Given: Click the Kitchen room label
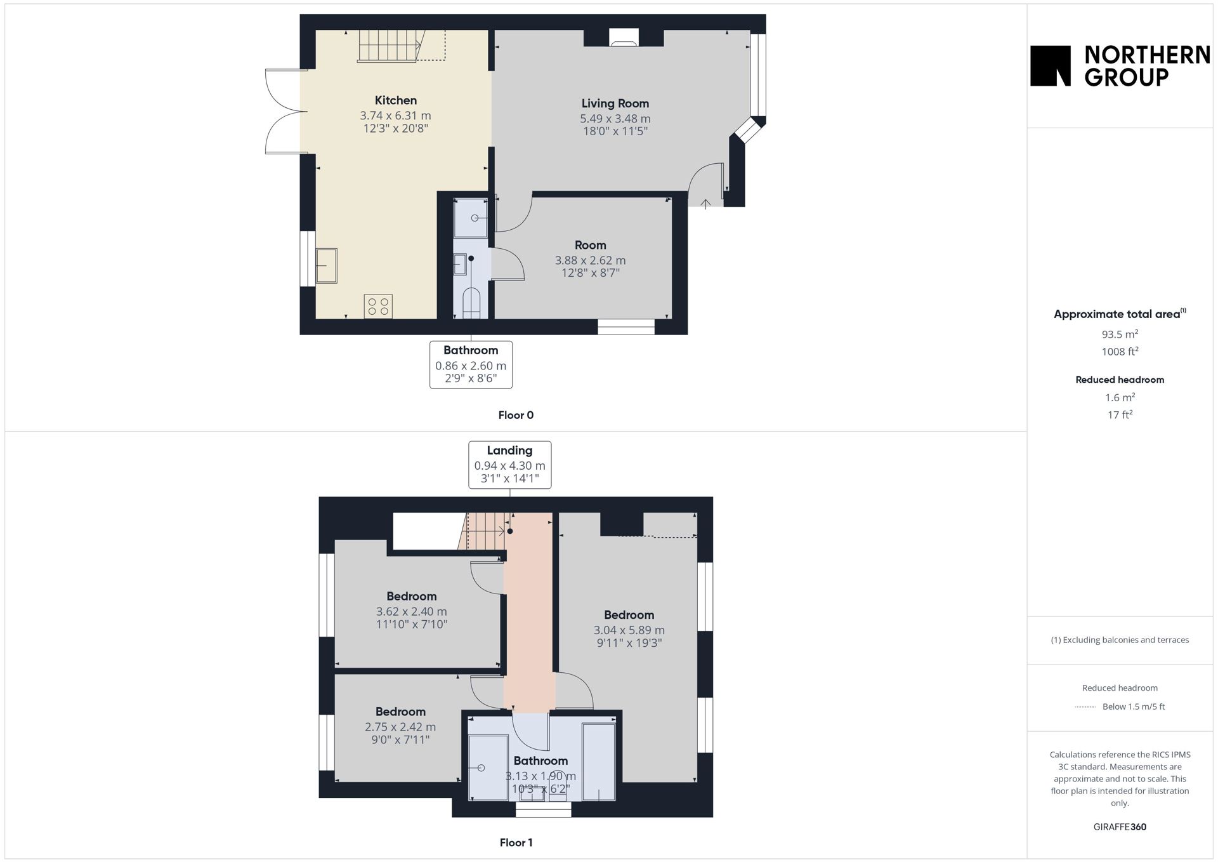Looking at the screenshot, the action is [396, 100].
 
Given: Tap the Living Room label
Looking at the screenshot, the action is [615, 103].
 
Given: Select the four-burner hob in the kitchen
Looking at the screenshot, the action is [378, 307].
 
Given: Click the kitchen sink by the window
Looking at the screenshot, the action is [327, 265].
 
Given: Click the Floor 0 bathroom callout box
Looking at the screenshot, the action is [471, 365].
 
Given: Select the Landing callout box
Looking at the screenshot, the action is [509, 465].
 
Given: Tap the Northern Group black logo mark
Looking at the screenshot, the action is [1051, 65].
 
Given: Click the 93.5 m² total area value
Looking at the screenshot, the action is [1120, 334].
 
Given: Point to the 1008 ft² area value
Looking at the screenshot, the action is [1120, 352].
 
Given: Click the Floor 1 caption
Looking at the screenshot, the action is [516, 843].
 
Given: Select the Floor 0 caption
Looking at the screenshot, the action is [516, 415].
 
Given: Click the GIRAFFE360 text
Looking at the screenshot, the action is [1120, 827].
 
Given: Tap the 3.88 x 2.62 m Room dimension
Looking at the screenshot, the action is [590, 260].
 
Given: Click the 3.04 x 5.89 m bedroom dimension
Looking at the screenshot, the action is [629, 630].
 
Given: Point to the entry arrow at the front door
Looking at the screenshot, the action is [705, 204].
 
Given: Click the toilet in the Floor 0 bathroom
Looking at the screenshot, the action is [471, 303].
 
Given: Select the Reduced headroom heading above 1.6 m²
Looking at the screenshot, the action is [1120, 380].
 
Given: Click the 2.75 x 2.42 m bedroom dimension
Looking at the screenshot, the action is [400, 727].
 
